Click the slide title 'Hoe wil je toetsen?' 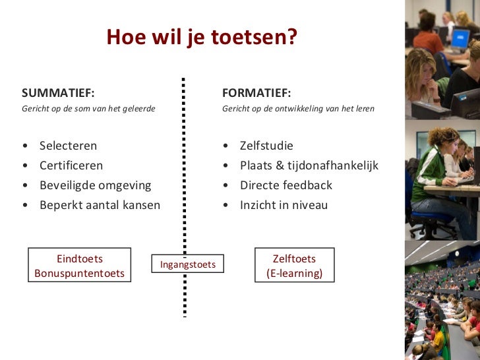[202, 38]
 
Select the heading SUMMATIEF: [58, 92]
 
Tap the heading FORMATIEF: [256, 92]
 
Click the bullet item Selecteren [68, 146]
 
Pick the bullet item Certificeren [71, 165]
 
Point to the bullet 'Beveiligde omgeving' [95, 185]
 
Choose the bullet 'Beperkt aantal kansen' [100, 205]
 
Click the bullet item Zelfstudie [266, 146]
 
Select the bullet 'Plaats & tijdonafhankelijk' [309, 165]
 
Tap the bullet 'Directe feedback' [285, 185]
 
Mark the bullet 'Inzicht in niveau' [284, 205]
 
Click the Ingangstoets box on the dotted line [188, 264]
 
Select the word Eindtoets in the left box [80, 259]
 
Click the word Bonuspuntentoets [80, 273]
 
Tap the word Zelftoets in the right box [294, 259]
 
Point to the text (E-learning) [294, 273]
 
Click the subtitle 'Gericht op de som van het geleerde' [88, 109]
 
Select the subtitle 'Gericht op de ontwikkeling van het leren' [298, 109]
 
